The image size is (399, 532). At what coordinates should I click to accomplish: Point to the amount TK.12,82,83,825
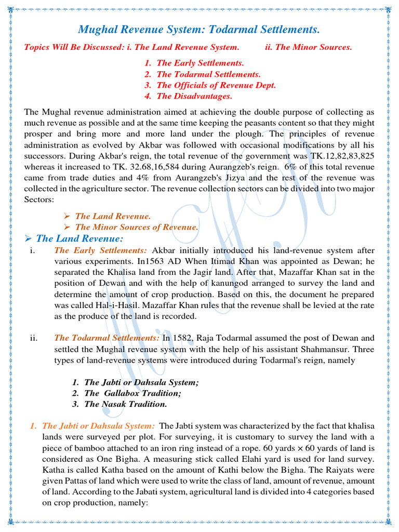340,156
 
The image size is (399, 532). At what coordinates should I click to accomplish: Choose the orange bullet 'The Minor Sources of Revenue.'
136,227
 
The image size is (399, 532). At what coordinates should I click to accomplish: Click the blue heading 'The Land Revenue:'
79,239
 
